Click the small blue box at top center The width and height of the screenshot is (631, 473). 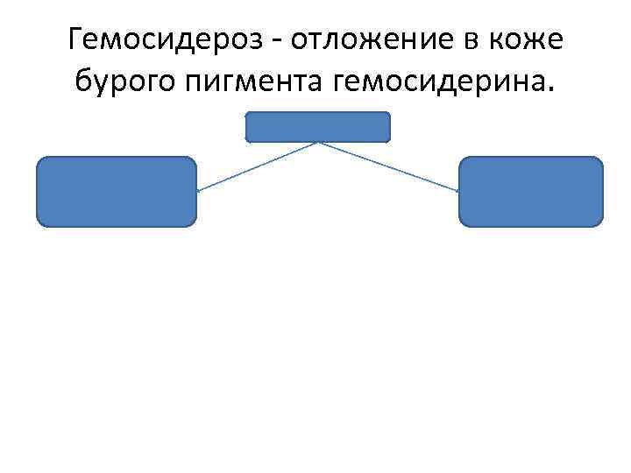317,127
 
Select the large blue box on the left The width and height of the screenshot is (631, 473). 116,192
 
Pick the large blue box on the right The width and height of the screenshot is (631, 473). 531,192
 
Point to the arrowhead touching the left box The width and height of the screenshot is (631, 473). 199,190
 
